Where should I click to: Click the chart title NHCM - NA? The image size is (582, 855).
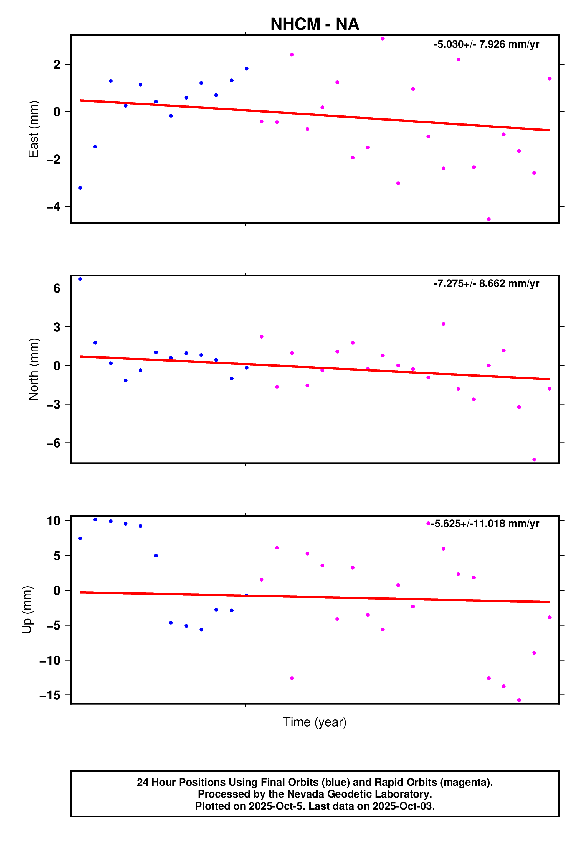(x=315, y=24)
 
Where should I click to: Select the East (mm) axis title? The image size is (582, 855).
(x=34, y=129)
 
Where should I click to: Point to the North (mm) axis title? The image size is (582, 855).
(x=34, y=369)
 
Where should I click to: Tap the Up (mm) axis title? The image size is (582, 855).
(x=27, y=609)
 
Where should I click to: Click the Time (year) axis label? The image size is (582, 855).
(x=315, y=722)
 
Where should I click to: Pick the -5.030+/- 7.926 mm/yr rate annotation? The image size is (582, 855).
(x=486, y=44)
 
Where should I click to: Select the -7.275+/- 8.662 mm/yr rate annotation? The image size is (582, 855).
(x=486, y=284)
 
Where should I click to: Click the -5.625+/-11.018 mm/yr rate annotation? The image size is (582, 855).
(x=485, y=524)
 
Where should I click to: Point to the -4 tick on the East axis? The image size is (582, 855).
(x=54, y=207)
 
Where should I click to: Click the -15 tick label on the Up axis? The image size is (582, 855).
(x=50, y=695)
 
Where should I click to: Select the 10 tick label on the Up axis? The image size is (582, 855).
(x=54, y=521)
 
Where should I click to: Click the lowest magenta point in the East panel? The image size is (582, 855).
(x=489, y=219)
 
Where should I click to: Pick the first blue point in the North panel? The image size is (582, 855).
(x=80, y=279)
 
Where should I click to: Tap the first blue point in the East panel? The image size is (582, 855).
(x=80, y=188)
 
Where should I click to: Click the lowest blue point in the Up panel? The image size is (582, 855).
(x=201, y=630)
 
